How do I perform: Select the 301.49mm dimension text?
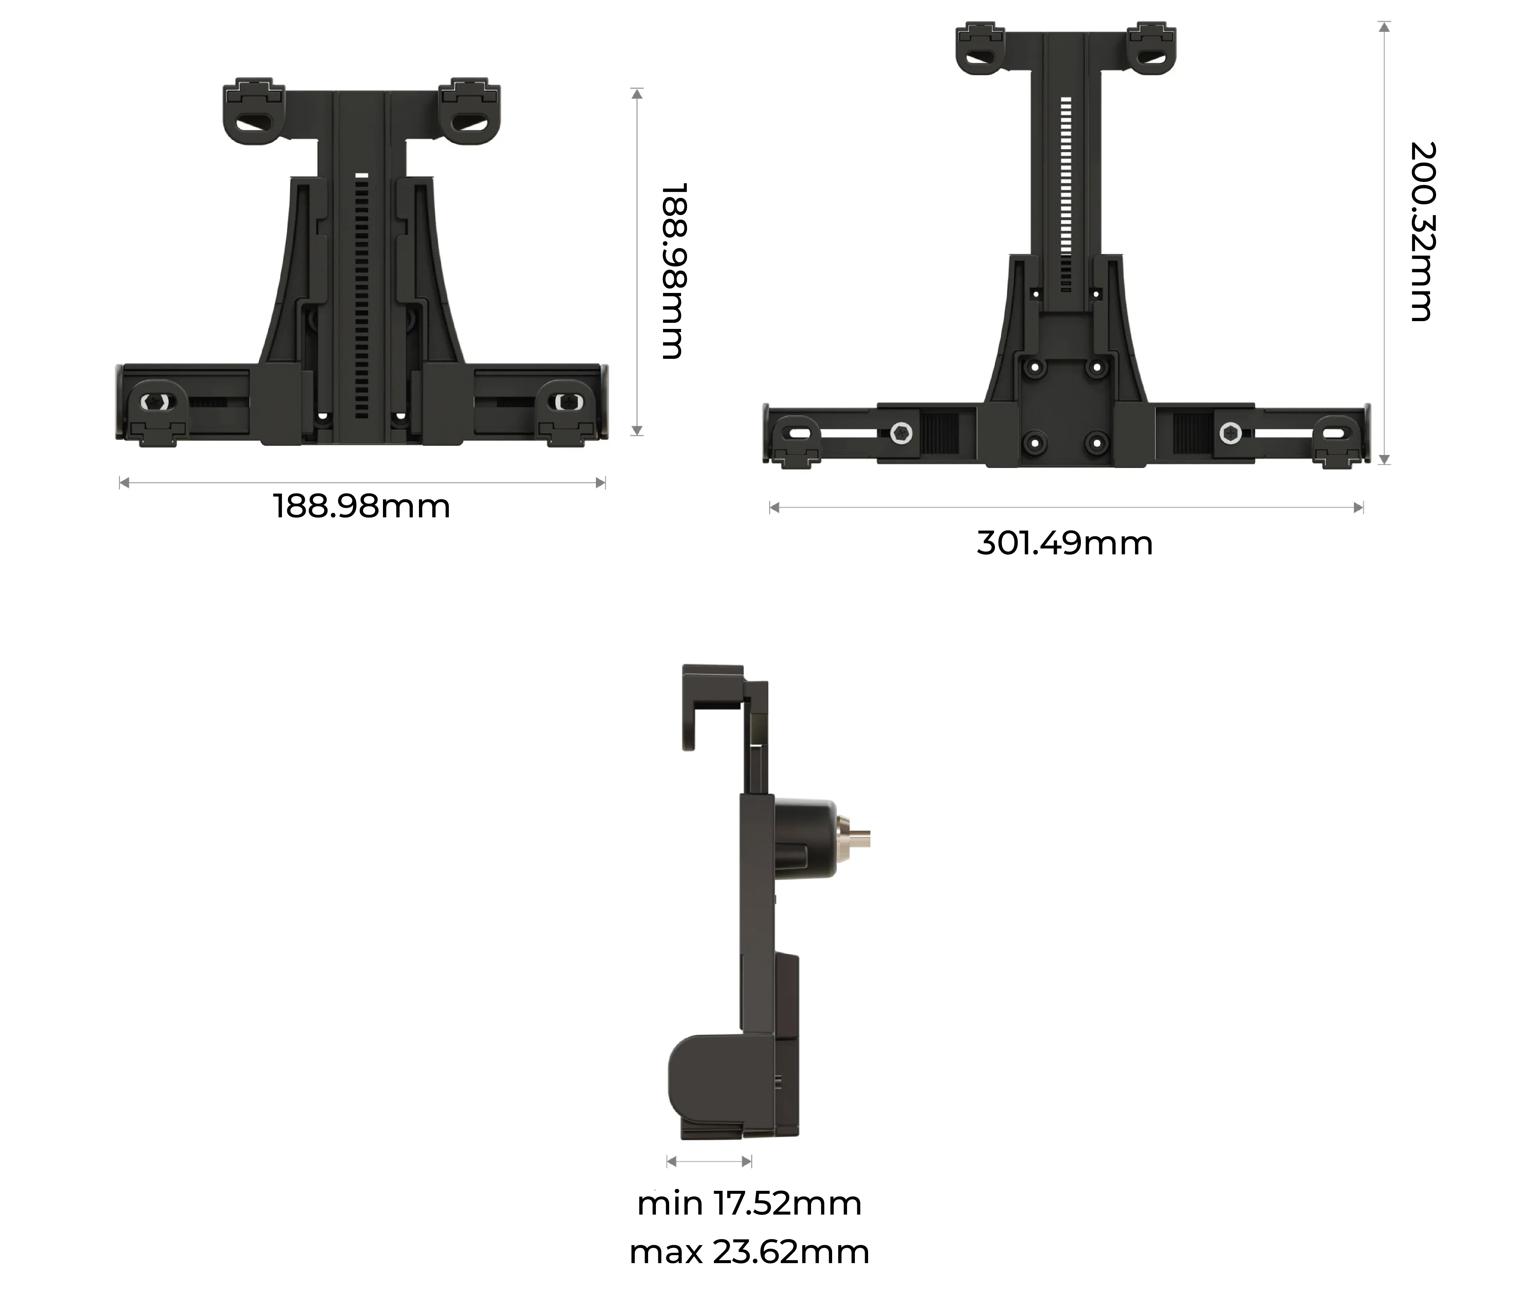coord(1064,543)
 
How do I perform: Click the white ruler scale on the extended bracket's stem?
coord(1066,194)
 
